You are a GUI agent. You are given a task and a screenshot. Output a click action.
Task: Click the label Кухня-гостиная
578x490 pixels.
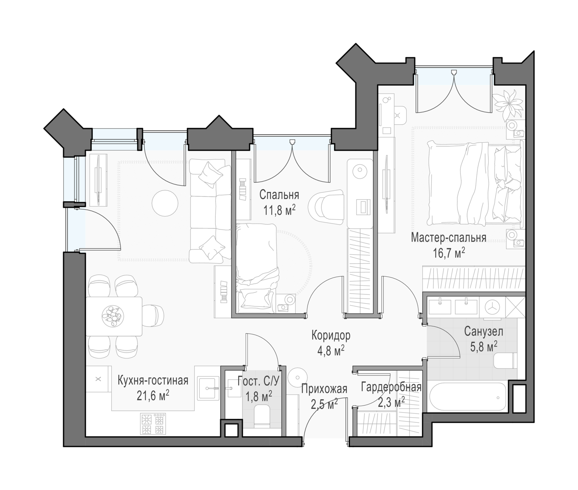[153, 380]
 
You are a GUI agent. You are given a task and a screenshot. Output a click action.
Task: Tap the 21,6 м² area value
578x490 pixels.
[153, 396]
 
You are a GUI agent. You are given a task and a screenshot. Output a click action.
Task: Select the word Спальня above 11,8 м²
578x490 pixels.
[279, 195]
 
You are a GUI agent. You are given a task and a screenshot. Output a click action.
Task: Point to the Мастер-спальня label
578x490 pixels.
[449, 238]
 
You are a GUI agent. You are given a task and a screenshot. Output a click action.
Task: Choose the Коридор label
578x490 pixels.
[331, 335]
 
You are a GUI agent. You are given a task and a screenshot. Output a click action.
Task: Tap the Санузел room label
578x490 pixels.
[484, 331]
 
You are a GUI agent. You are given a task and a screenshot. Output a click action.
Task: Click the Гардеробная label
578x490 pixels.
[391, 388]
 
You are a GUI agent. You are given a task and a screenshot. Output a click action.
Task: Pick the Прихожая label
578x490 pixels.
[324, 389]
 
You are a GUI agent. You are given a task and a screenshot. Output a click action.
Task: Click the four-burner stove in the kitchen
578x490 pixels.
[153, 424]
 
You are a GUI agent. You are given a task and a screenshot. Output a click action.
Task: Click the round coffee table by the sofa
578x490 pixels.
[165, 203]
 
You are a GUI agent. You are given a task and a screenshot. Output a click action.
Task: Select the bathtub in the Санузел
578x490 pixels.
[467, 398]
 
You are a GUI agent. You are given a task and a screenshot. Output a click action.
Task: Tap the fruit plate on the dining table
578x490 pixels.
[113, 316]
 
